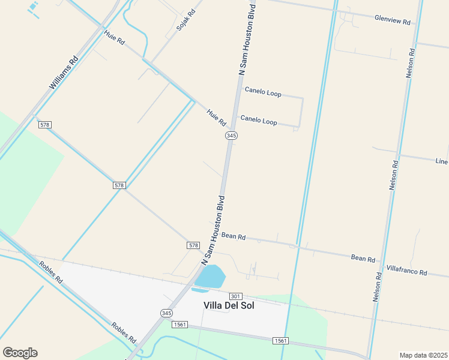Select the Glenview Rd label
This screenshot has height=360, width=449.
392,20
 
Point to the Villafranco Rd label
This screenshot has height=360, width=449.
406,271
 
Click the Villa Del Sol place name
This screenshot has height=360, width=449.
229,305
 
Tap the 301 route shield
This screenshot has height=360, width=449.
235,296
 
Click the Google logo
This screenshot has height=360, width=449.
20,353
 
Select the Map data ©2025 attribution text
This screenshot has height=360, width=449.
423,355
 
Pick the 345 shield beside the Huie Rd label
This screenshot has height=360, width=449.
231,136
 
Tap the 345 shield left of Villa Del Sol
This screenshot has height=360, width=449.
166,313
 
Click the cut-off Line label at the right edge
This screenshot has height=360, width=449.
442,161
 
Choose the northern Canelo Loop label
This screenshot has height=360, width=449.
262,93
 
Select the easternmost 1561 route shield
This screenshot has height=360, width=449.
280,340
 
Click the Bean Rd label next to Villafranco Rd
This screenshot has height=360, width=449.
363,259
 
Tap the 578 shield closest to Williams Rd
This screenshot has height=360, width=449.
44,124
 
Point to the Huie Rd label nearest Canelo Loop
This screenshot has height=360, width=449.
216,116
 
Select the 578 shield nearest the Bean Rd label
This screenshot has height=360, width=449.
193,245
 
